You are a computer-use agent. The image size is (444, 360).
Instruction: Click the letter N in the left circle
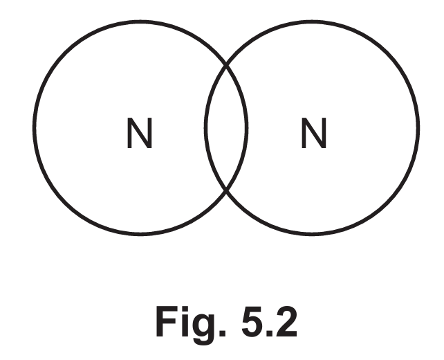[140, 133]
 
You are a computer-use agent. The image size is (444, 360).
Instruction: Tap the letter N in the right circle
[314, 133]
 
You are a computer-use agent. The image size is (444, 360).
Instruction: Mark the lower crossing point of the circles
[226, 190]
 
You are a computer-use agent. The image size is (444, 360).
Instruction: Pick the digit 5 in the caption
[253, 322]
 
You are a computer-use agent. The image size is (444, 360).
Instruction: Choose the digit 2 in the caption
[286, 321]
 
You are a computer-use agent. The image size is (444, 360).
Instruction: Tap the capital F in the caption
[167, 322]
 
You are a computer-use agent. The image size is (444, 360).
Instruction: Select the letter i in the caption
[185, 321]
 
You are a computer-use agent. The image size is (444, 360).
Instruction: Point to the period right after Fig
[223, 333]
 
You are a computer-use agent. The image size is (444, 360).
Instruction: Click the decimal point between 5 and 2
[270, 333]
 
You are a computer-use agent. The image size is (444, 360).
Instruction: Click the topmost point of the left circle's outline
[140, 21]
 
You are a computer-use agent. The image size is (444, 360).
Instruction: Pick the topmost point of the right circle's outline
[312, 21]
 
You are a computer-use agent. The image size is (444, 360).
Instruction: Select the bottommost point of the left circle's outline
[140, 234]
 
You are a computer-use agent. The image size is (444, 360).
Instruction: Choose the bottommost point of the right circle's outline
[312, 234]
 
